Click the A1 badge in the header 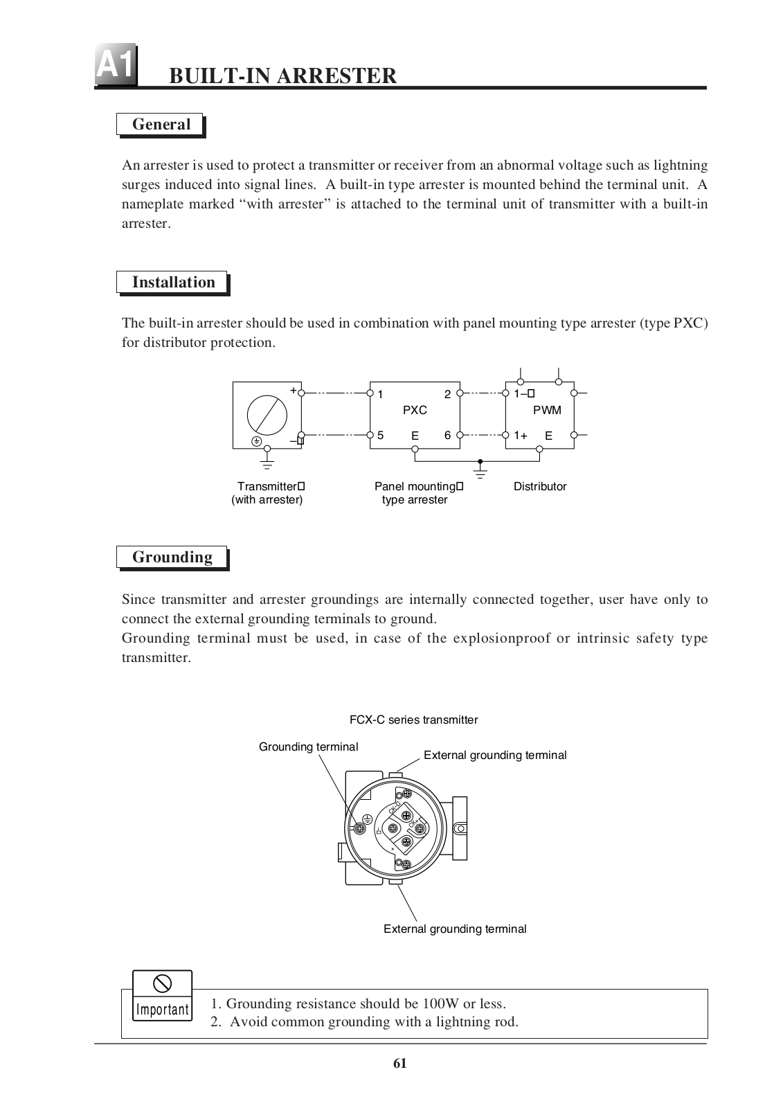[115, 67]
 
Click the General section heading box [161, 125]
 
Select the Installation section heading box [172, 283]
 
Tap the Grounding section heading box [172, 557]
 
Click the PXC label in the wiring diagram [415, 410]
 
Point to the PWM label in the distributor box [547, 410]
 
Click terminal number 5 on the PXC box [380, 436]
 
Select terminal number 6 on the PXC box [448, 436]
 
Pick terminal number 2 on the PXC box [448, 395]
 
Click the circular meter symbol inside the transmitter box [267, 414]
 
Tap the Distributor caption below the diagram [540, 487]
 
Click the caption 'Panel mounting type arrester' [417, 493]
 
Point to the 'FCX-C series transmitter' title [413, 720]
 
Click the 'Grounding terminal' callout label [308, 747]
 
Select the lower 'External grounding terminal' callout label [455, 929]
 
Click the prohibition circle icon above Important [162, 983]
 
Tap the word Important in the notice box [162, 1010]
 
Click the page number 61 [400, 1064]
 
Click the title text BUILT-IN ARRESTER [283, 75]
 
